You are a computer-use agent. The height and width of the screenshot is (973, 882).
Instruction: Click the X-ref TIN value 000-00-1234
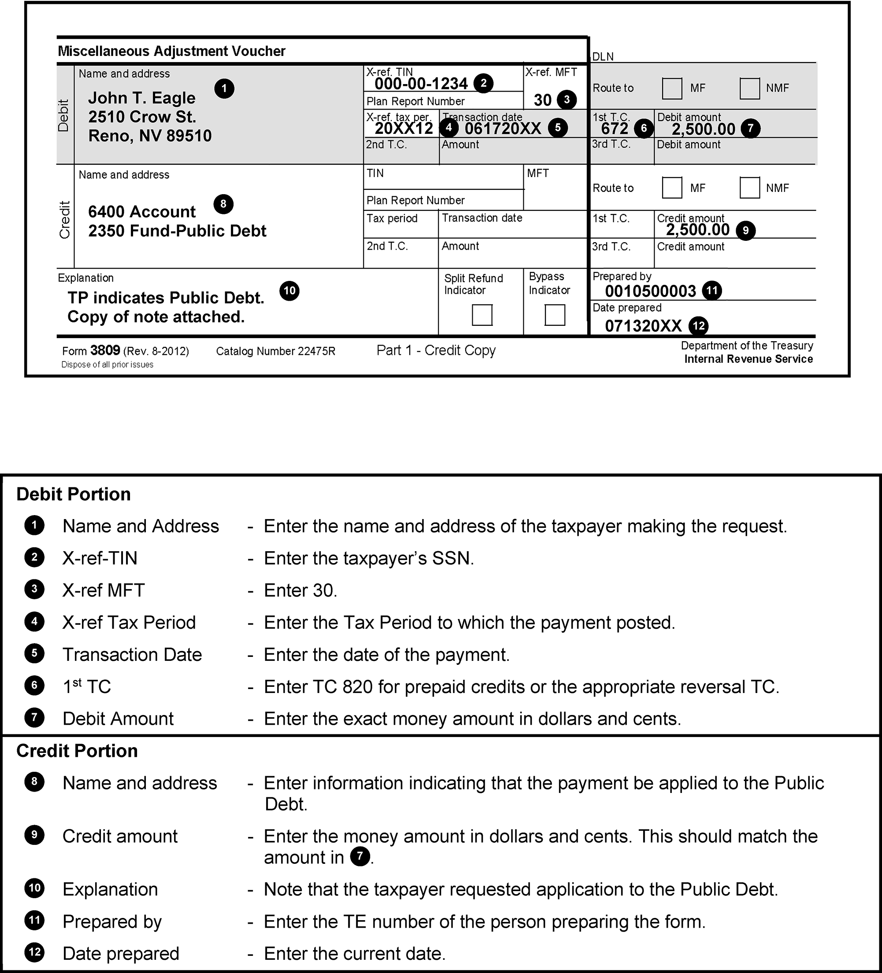[421, 84]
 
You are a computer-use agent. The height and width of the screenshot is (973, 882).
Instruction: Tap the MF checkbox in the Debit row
[672, 88]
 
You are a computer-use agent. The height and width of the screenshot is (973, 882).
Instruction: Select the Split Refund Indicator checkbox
[482, 315]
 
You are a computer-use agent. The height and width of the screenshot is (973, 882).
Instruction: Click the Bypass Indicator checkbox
[555, 315]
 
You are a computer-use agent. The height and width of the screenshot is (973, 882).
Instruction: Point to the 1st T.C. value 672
[615, 129]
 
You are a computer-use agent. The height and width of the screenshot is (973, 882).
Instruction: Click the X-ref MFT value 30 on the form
[542, 100]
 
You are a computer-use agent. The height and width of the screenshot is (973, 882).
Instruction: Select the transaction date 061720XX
[502, 129]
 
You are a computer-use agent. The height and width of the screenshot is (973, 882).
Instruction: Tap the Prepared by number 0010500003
[650, 291]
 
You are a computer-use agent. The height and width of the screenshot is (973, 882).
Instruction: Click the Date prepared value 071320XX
[643, 326]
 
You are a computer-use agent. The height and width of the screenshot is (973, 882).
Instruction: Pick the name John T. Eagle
[141, 98]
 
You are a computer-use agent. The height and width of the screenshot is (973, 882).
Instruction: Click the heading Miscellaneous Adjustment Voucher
[171, 51]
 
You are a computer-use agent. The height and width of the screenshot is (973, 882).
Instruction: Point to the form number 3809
[105, 350]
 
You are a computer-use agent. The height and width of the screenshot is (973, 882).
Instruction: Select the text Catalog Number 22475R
[275, 351]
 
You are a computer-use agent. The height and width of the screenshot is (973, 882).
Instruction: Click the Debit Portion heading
[74, 494]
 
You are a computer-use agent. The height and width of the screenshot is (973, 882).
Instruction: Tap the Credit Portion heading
[77, 751]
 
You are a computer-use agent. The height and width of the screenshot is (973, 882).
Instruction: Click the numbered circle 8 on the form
[223, 204]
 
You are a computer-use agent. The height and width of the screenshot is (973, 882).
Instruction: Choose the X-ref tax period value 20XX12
[404, 129]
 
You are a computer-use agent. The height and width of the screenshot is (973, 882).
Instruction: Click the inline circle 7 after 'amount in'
[360, 857]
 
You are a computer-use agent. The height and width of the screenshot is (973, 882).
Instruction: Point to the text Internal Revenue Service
[748, 359]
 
